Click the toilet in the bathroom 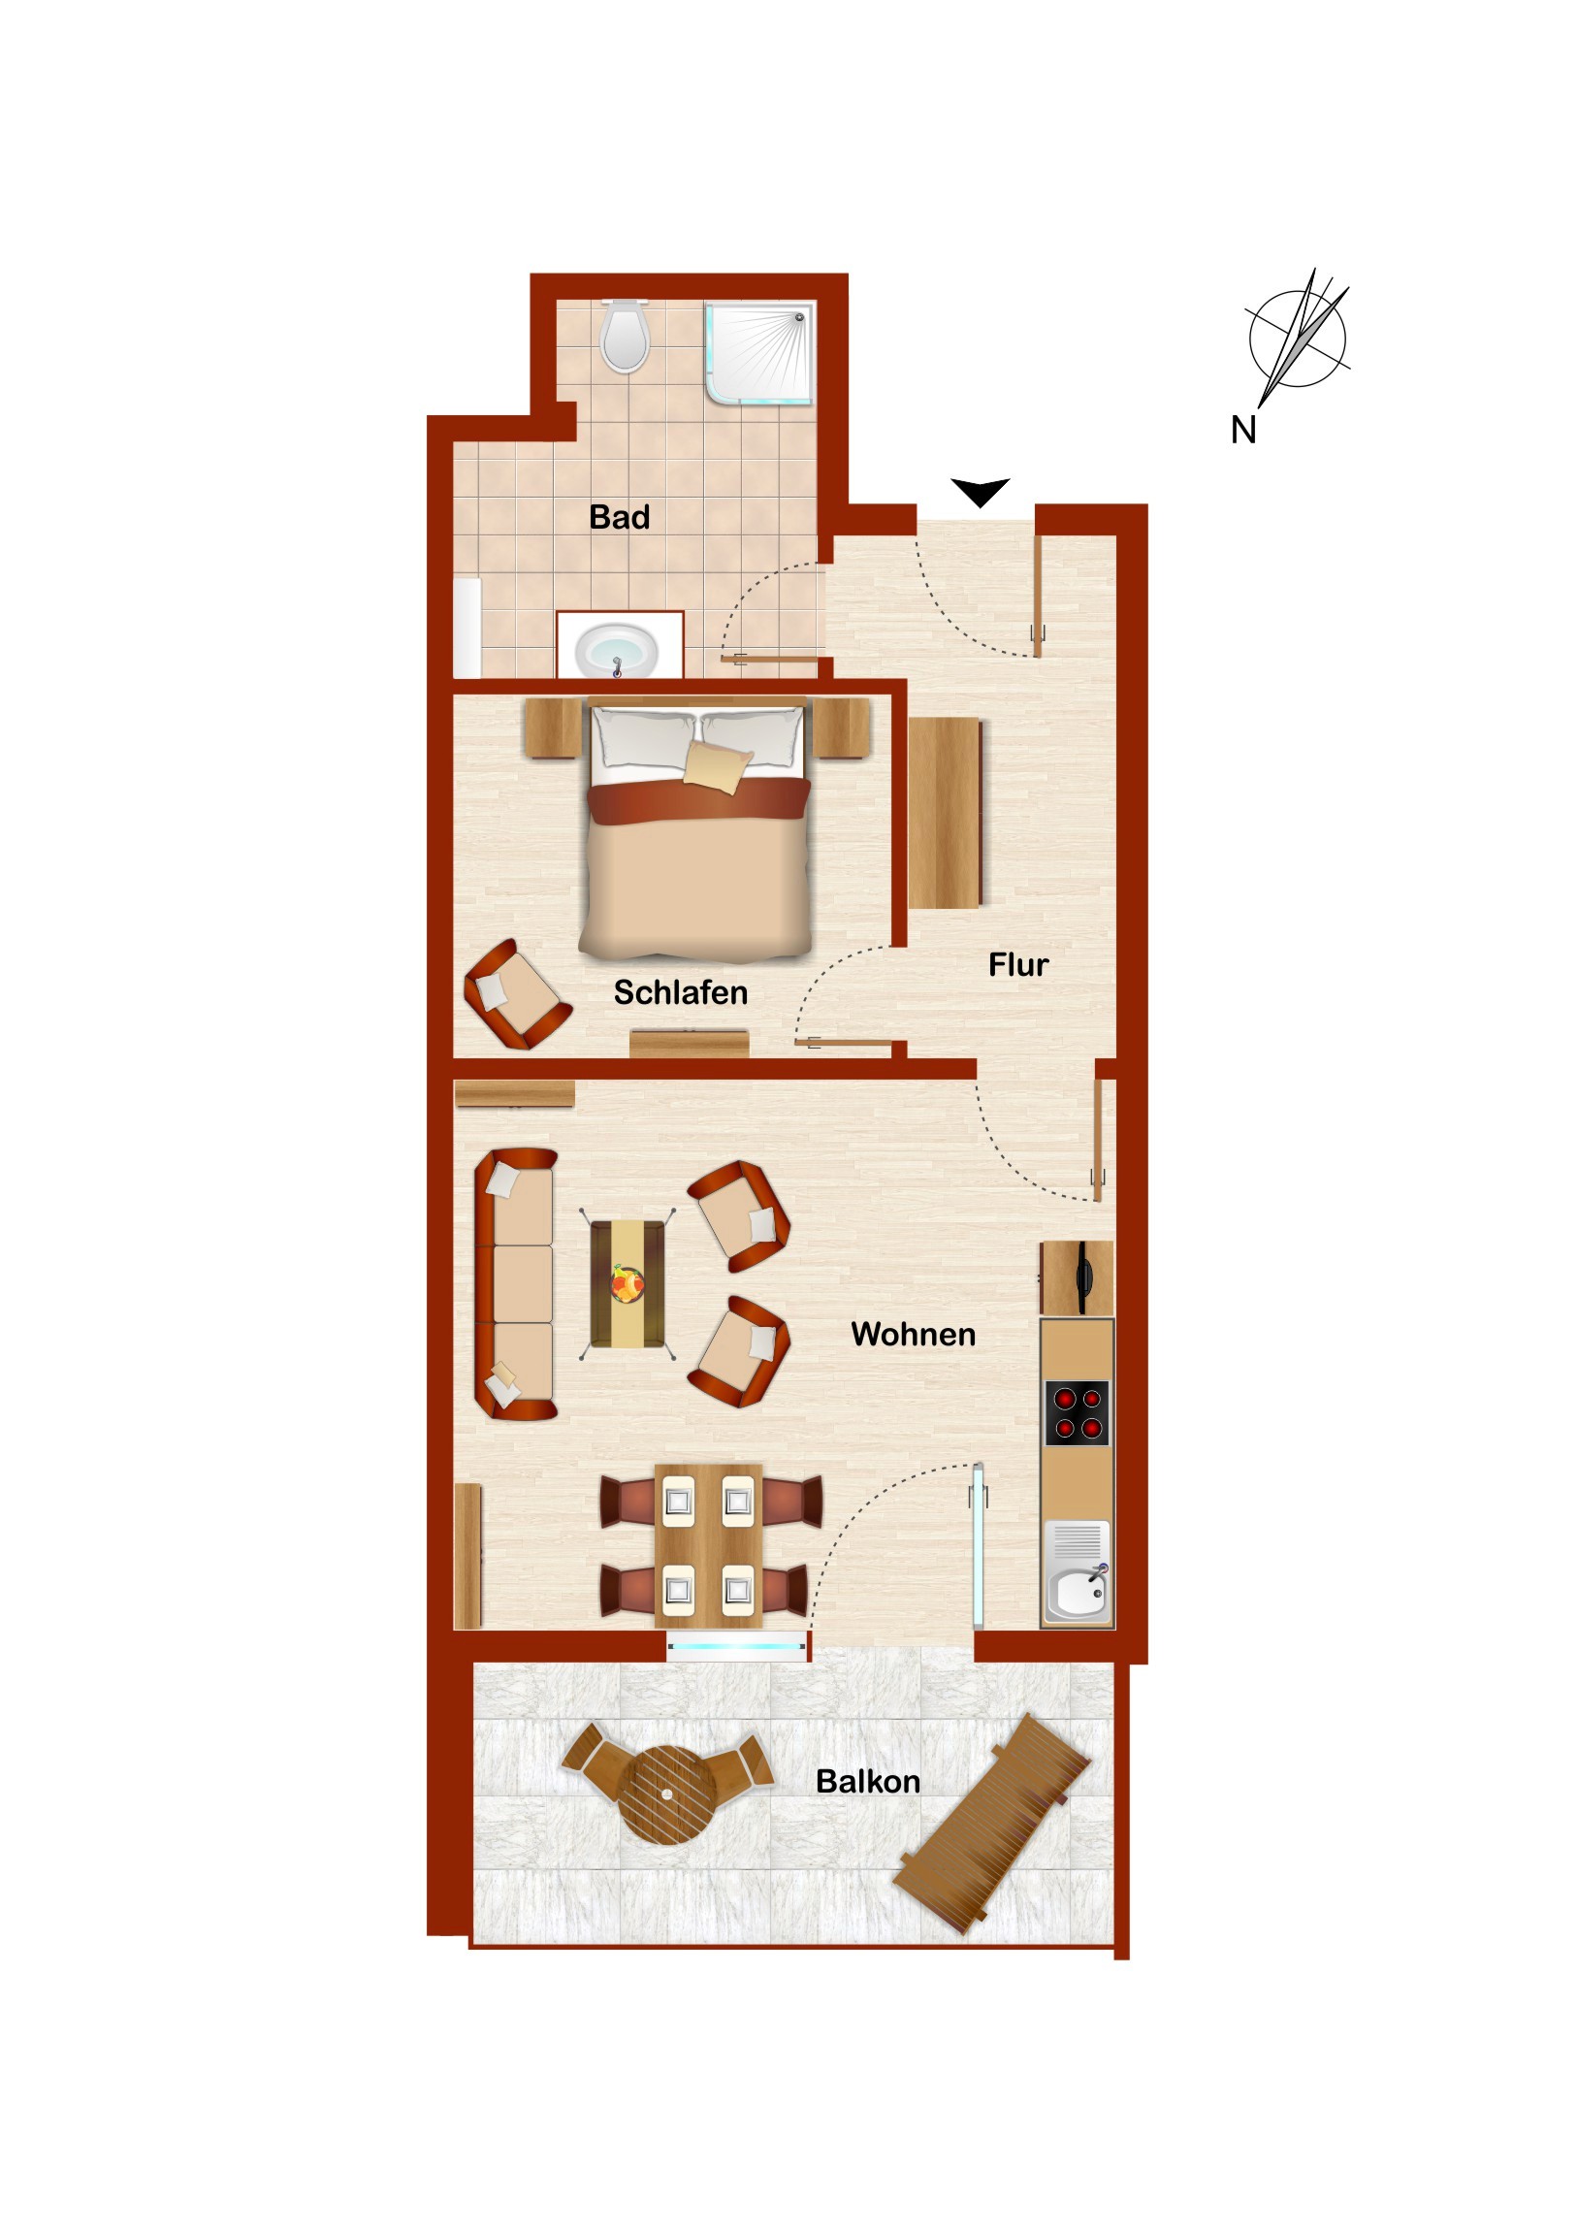tap(625, 337)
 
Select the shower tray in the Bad tap(759, 353)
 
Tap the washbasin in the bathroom tap(616, 648)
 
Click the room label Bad tap(619, 517)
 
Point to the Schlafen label tap(680, 992)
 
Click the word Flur tap(1018, 964)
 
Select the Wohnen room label tap(913, 1334)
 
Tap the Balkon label tap(868, 1781)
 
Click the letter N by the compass tap(1243, 431)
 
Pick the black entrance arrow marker tap(981, 492)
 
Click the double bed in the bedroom tap(695, 828)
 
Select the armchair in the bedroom tap(517, 993)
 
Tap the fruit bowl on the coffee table tap(627, 1283)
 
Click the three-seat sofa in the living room tap(515, 1284)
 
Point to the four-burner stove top tap(1077, 1413)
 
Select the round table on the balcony tap(667, 1794)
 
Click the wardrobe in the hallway tap(946, 812)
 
